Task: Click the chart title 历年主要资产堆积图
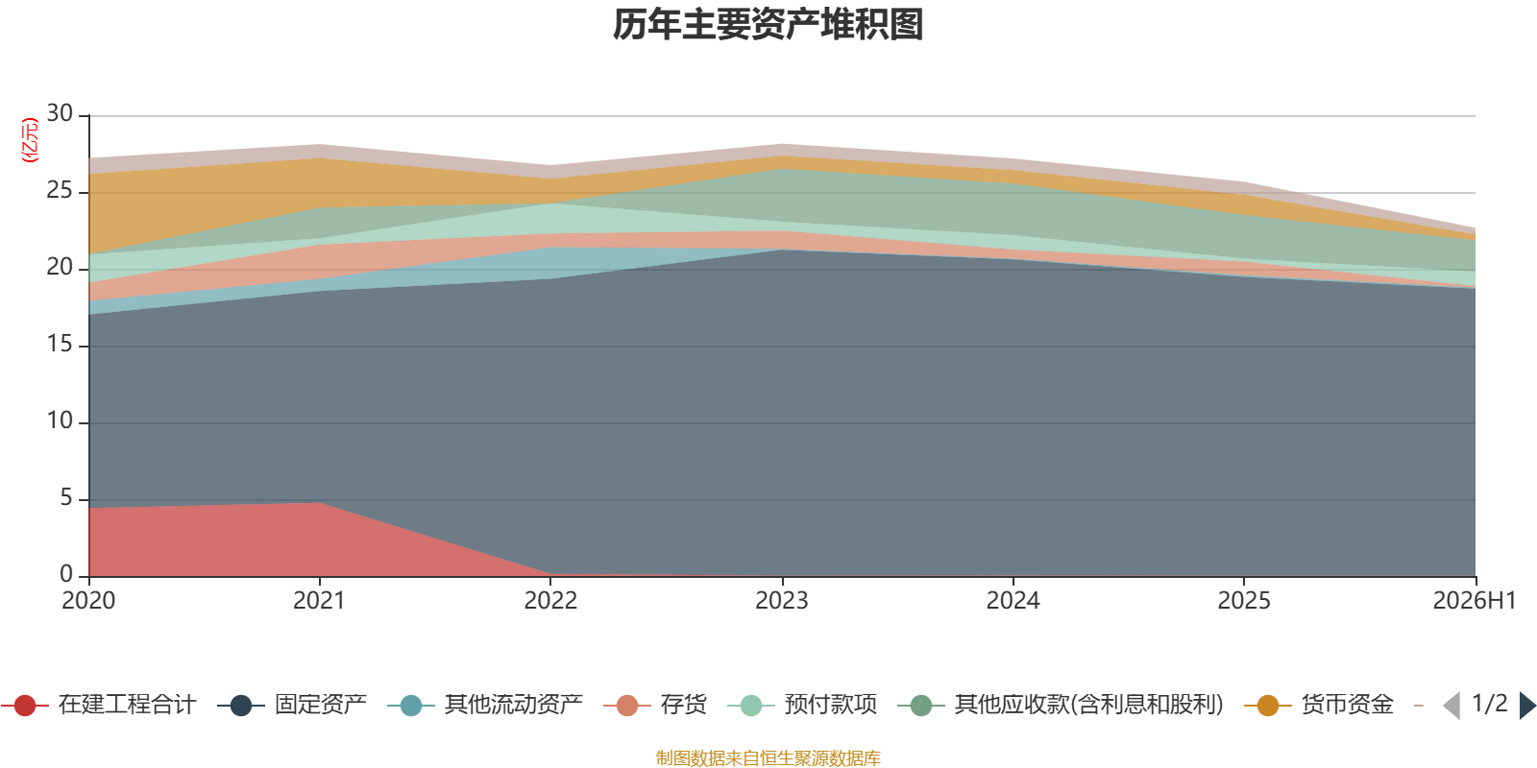pos(768,25)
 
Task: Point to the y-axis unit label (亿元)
pos(30,140)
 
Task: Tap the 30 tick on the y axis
pos(60,113)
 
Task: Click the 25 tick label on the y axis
pos(60,190)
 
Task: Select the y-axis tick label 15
pos(60,344)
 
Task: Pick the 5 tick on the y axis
pos(66,497)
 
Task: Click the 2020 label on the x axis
pos(88,601)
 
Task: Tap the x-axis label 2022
pos(550,601)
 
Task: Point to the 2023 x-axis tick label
pos(782,601)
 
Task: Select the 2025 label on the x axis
pos(1244,601)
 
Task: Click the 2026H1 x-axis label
pos(1475,601)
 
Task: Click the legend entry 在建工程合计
pos(99,705)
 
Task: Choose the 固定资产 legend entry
pos(292,705)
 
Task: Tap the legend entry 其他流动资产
pos(485,705)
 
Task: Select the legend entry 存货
pos(655,705)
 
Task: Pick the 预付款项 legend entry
pos(802,705)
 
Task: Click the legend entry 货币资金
pos(1319,705)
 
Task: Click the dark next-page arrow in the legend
pos(1527,705)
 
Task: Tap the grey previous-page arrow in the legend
pos(1452,705)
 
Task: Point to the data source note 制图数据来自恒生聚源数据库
pos(768,757)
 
